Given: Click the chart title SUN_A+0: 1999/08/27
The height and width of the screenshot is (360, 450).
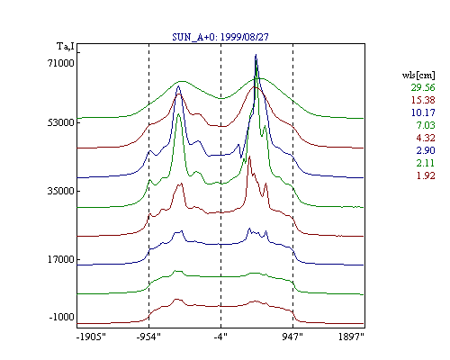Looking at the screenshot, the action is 220,37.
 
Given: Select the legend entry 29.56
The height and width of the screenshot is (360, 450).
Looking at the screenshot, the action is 423,87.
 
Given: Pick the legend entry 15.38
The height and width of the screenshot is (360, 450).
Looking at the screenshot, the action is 423,100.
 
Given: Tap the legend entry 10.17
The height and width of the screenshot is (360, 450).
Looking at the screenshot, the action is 423,112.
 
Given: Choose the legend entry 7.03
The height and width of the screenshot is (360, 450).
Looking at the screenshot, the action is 426,125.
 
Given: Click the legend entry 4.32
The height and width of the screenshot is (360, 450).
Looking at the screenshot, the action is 426,138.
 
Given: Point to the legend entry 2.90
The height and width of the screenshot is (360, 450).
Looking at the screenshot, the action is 426,150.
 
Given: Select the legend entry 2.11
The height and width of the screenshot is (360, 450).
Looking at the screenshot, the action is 426,163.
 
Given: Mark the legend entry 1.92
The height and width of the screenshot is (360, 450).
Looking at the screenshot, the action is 426,175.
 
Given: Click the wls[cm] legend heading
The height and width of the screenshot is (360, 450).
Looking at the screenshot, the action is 418,75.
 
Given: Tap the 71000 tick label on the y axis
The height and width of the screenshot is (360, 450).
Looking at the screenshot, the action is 60,63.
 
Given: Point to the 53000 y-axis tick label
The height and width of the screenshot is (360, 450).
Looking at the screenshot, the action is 60,122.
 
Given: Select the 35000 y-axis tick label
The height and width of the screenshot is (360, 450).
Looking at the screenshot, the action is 60,191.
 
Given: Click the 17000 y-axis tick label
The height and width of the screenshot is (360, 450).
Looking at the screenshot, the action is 60,259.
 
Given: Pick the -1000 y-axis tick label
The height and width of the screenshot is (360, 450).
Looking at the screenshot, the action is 61,317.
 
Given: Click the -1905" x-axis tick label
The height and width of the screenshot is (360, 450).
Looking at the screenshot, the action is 91,337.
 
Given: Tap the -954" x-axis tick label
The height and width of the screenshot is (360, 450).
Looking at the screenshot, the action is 148,337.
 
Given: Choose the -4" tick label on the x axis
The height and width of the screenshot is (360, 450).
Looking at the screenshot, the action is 220,337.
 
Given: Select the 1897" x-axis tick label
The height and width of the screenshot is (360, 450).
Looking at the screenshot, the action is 351,337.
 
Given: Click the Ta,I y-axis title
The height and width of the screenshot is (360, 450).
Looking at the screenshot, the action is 66,47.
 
